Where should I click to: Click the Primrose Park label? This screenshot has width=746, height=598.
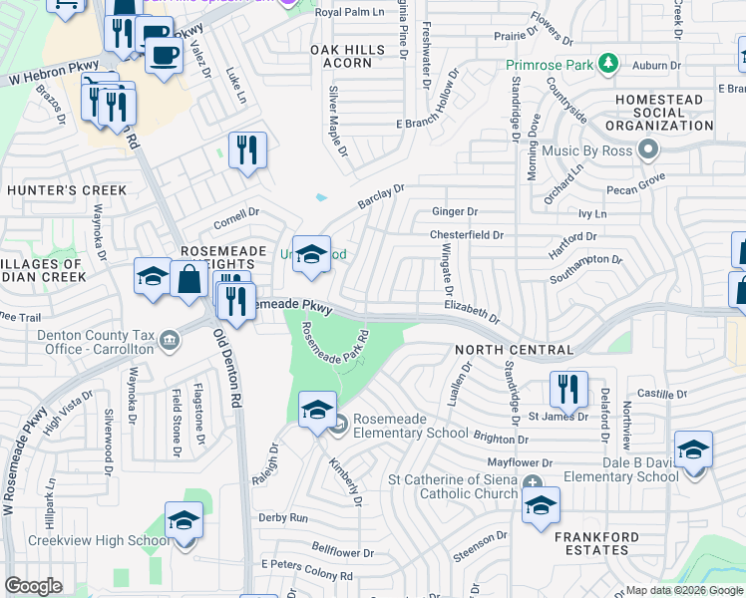coord(548,66)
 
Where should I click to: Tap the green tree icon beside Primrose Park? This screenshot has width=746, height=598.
coord(605,66)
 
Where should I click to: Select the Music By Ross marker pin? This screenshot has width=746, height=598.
coord(649,150)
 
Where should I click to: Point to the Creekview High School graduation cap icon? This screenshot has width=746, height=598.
coord(184,522)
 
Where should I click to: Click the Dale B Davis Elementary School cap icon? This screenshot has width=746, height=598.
coord(693,448)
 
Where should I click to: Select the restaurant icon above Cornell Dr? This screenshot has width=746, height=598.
coord(247,150)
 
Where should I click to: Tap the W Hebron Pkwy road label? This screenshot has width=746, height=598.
coord(44,76)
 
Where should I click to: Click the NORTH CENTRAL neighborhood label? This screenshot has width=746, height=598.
coord(514,351)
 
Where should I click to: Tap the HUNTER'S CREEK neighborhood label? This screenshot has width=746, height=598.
coord(67,190)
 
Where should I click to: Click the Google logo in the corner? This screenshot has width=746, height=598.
coord(33,586)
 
